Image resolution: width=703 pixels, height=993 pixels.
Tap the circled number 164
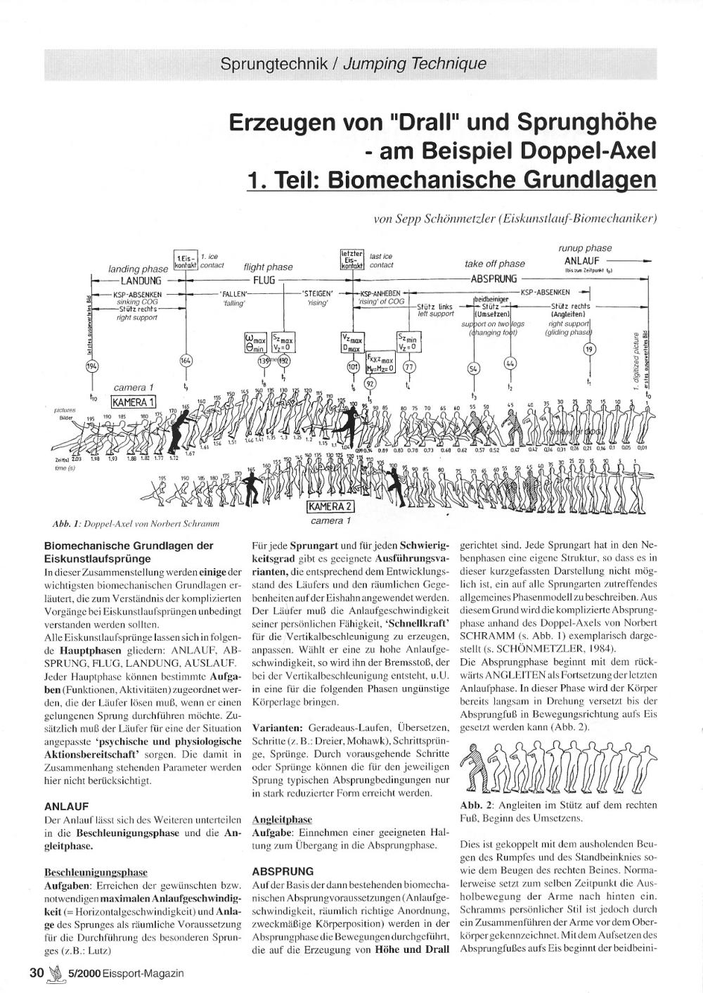coord(186,361)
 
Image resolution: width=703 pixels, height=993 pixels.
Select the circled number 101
coord(353,366)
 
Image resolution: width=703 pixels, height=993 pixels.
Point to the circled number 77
coord(409,366)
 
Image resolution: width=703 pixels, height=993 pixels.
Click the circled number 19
coord(590,349)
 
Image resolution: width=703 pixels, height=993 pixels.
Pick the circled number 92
coord(372,383)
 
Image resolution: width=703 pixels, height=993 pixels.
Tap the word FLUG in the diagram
coord(264,279)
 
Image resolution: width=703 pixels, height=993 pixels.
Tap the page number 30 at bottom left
coord(37,973)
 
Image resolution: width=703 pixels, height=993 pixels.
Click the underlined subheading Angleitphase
coord(282,819)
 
